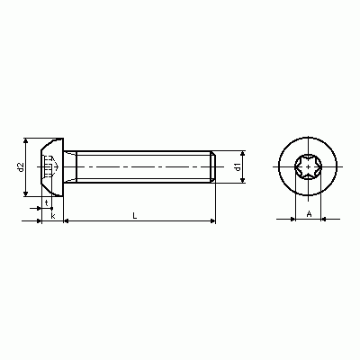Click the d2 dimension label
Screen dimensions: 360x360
pos(21,167)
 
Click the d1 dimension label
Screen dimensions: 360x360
pos(238,167)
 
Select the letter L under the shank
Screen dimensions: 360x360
pos(135,215)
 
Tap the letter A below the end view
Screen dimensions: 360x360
pos(309,214)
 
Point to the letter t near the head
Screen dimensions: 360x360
pos(47,203)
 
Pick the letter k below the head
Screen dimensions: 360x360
pos(53,216)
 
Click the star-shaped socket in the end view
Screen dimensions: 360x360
pos(308,166)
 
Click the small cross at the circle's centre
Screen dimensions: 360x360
pos(308,166)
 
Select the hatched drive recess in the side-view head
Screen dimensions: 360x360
pos(50,166)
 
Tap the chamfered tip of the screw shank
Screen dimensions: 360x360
pos(213,166)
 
